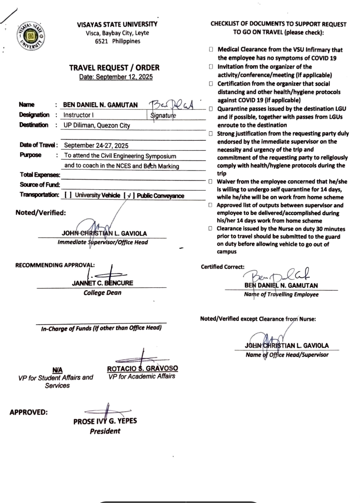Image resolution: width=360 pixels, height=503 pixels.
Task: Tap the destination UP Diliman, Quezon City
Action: [97, 125]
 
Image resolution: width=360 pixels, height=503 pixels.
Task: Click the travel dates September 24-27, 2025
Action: [97, 146]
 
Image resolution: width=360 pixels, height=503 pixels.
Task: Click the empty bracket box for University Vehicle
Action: [67, 195]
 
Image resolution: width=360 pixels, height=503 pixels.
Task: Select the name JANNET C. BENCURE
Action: [102, 283]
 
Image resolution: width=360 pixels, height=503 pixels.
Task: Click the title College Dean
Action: [102, 292]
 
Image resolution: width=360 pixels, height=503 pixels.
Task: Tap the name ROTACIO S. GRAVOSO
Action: [142, 369]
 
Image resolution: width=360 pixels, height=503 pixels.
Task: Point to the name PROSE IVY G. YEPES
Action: [105, 421]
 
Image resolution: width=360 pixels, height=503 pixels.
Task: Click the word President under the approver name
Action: [105, 431]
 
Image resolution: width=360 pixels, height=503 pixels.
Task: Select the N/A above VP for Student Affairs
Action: [57, 370]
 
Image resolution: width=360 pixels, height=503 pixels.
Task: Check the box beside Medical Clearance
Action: [212, 50]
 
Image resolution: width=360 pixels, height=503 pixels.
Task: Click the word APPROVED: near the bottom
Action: [28, 412]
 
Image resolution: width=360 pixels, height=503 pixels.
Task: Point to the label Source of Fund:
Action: [39, 185]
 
